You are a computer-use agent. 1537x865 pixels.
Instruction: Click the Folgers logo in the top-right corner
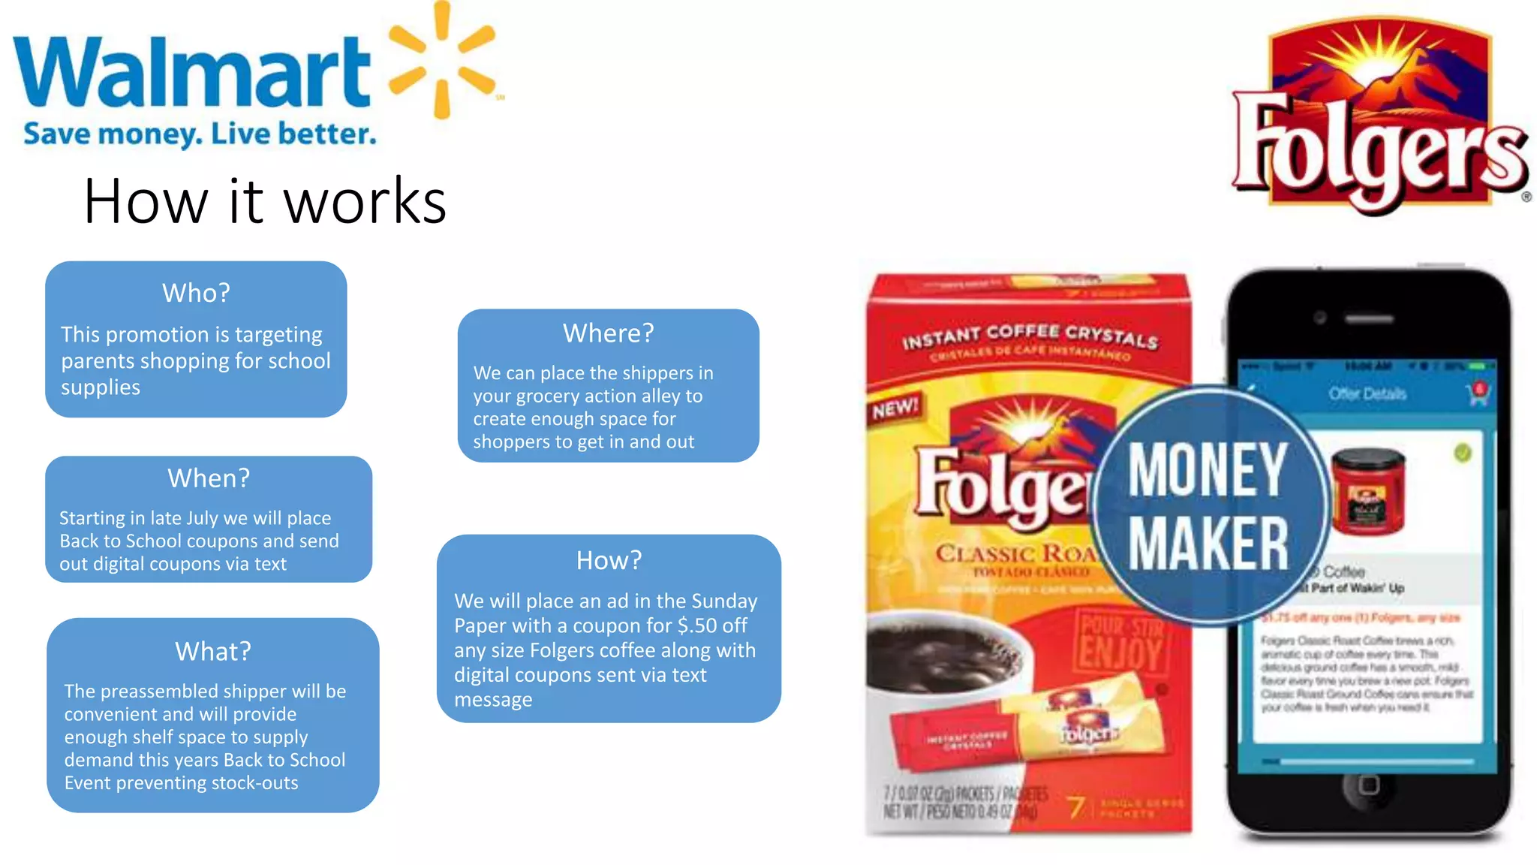pyautogui.click(x=1379, y=116)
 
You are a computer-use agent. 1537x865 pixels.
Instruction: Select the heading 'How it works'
pyautogui.click(x=265, y=201)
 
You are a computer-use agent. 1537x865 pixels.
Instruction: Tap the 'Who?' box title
pyautogui.click(x=196, y=293)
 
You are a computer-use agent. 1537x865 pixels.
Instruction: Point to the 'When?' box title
pyautogui.click(x=209, y=478)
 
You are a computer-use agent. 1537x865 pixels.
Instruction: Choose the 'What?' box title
pyautogui.click(x=213, y=651)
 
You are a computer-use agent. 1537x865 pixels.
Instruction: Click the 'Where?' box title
pyautogui.click(x=609, y=333)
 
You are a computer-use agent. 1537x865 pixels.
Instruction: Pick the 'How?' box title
pyautogui.click(x=609, y=560)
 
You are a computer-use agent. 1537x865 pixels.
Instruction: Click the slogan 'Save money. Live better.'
pyautogui.click(x=200, y=134)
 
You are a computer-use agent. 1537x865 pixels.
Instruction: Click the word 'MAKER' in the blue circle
pyautogui.click(x=1208, y=544)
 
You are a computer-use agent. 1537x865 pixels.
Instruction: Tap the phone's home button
pyautogui.click(x=1369, y=785)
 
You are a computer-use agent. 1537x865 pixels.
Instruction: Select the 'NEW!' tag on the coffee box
pyautogui.click(x=895, y=410)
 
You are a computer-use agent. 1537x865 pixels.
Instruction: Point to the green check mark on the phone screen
pyautogui.click(x=1463, y=454)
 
